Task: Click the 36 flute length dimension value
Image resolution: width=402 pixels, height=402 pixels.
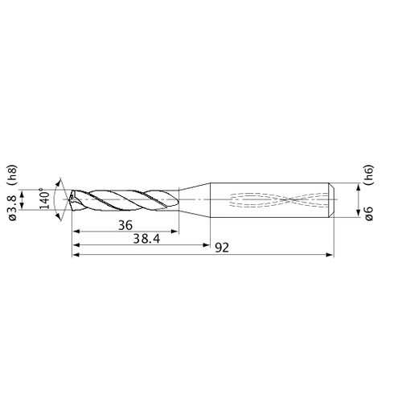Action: (125, 225)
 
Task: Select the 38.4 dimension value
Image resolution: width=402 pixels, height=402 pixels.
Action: (146, 239)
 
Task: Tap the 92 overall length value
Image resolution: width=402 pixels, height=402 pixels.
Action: (222, 248)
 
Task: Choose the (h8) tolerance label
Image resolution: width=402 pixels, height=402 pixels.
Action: (13, 175)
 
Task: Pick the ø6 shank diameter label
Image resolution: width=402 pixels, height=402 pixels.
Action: (369, 213)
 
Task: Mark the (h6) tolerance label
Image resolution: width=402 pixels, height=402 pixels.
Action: (368, 174)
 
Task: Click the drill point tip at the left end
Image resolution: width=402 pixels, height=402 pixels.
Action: (69, 199)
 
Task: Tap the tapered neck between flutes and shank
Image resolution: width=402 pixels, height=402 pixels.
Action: (195, 200)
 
